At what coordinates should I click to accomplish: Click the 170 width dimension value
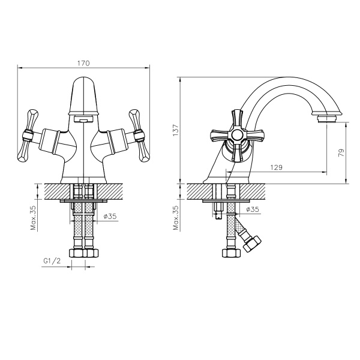pos(84,62)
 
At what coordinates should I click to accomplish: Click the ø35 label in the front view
pos(109,217)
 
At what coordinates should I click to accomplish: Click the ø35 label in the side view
pos(252,210)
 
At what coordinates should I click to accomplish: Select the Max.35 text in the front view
pos(35,218)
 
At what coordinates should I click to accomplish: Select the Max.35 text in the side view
pos(176,218)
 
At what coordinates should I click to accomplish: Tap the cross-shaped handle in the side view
pos(236,136)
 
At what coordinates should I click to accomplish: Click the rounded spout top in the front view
pos(84,87)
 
